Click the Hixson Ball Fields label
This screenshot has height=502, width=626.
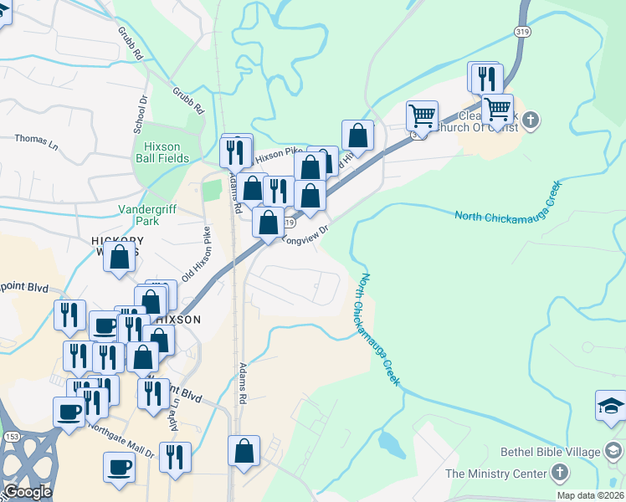point(167,152)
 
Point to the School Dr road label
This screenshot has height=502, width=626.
point(140,115)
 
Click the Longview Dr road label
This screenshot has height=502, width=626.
point(308,235)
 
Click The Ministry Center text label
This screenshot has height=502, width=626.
point(495,474)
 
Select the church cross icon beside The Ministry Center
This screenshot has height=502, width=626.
point(560,474)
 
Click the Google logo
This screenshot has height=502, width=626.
point(28,492)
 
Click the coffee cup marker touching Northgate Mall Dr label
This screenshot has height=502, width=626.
point(119,467)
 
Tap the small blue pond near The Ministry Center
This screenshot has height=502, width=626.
point(391,443)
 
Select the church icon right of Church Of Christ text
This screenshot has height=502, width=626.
point(532,120)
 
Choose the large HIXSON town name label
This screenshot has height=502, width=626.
point(176,320)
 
